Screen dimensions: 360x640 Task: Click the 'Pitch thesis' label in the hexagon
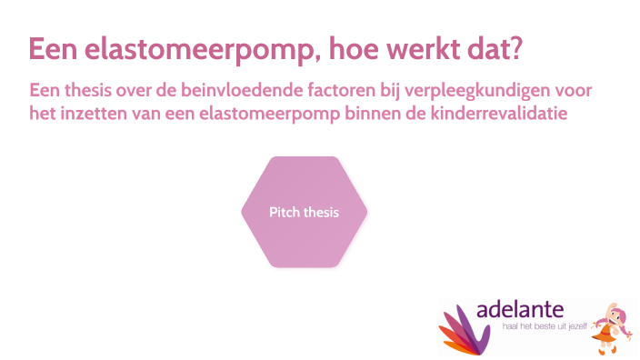(x=304, y=213)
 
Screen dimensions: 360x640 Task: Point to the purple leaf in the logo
(x=478, y=325)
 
